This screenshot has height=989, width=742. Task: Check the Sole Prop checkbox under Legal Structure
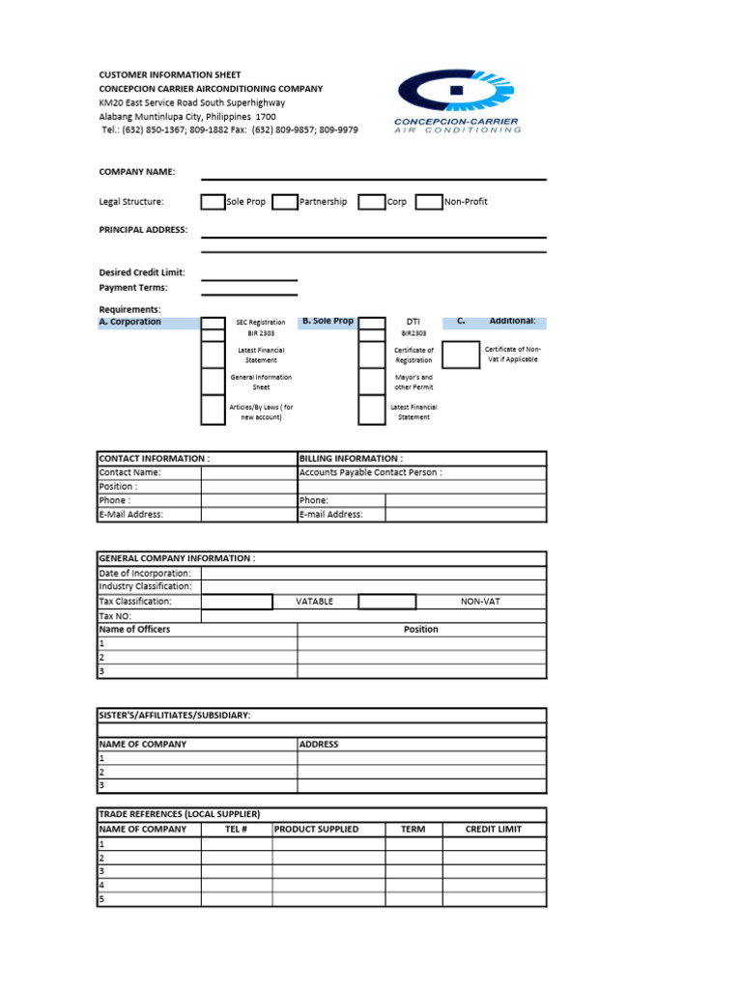[x=212, y=202]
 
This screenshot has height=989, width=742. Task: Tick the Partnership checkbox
[x=284, y=202]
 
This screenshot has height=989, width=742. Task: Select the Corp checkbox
[x=371, y=202]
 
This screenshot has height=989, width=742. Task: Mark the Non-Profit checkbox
[x=428, y=202]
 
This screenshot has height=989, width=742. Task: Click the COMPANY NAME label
[x=137, y=172]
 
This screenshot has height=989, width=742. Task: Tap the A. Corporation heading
[x=130, y=322]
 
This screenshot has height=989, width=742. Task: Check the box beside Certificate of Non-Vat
[x=461, y=354]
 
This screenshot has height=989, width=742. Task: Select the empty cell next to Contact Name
[x=249, y=472]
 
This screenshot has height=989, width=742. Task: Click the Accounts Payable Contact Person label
[x=371, y=472]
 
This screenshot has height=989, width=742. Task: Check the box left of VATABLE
[x=237, y=601]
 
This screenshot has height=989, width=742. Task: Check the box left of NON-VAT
[x=386, y=601]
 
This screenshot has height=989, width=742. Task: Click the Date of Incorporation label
[x=145, y=573]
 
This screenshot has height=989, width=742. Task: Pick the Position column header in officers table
[x=420, y=629]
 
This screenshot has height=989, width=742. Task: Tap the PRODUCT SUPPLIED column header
[x=316, y=829]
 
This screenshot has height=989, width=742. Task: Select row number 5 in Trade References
[x=101, y=899]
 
